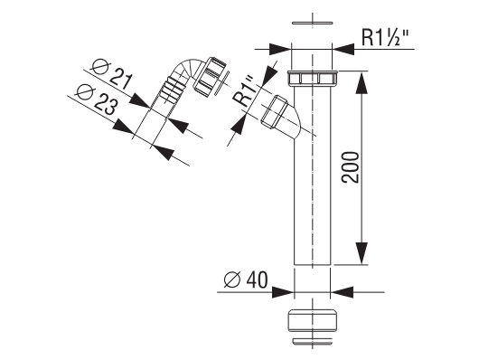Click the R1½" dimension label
(385, 38)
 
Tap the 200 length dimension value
(350, 167)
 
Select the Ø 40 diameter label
(246, 279)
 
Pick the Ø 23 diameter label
(97, 99)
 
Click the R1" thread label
(244, 91)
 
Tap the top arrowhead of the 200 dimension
(362, 82)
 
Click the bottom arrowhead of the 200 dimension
(362, 253)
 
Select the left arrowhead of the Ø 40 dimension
(283, 292)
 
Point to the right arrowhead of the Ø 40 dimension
(343, 292)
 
